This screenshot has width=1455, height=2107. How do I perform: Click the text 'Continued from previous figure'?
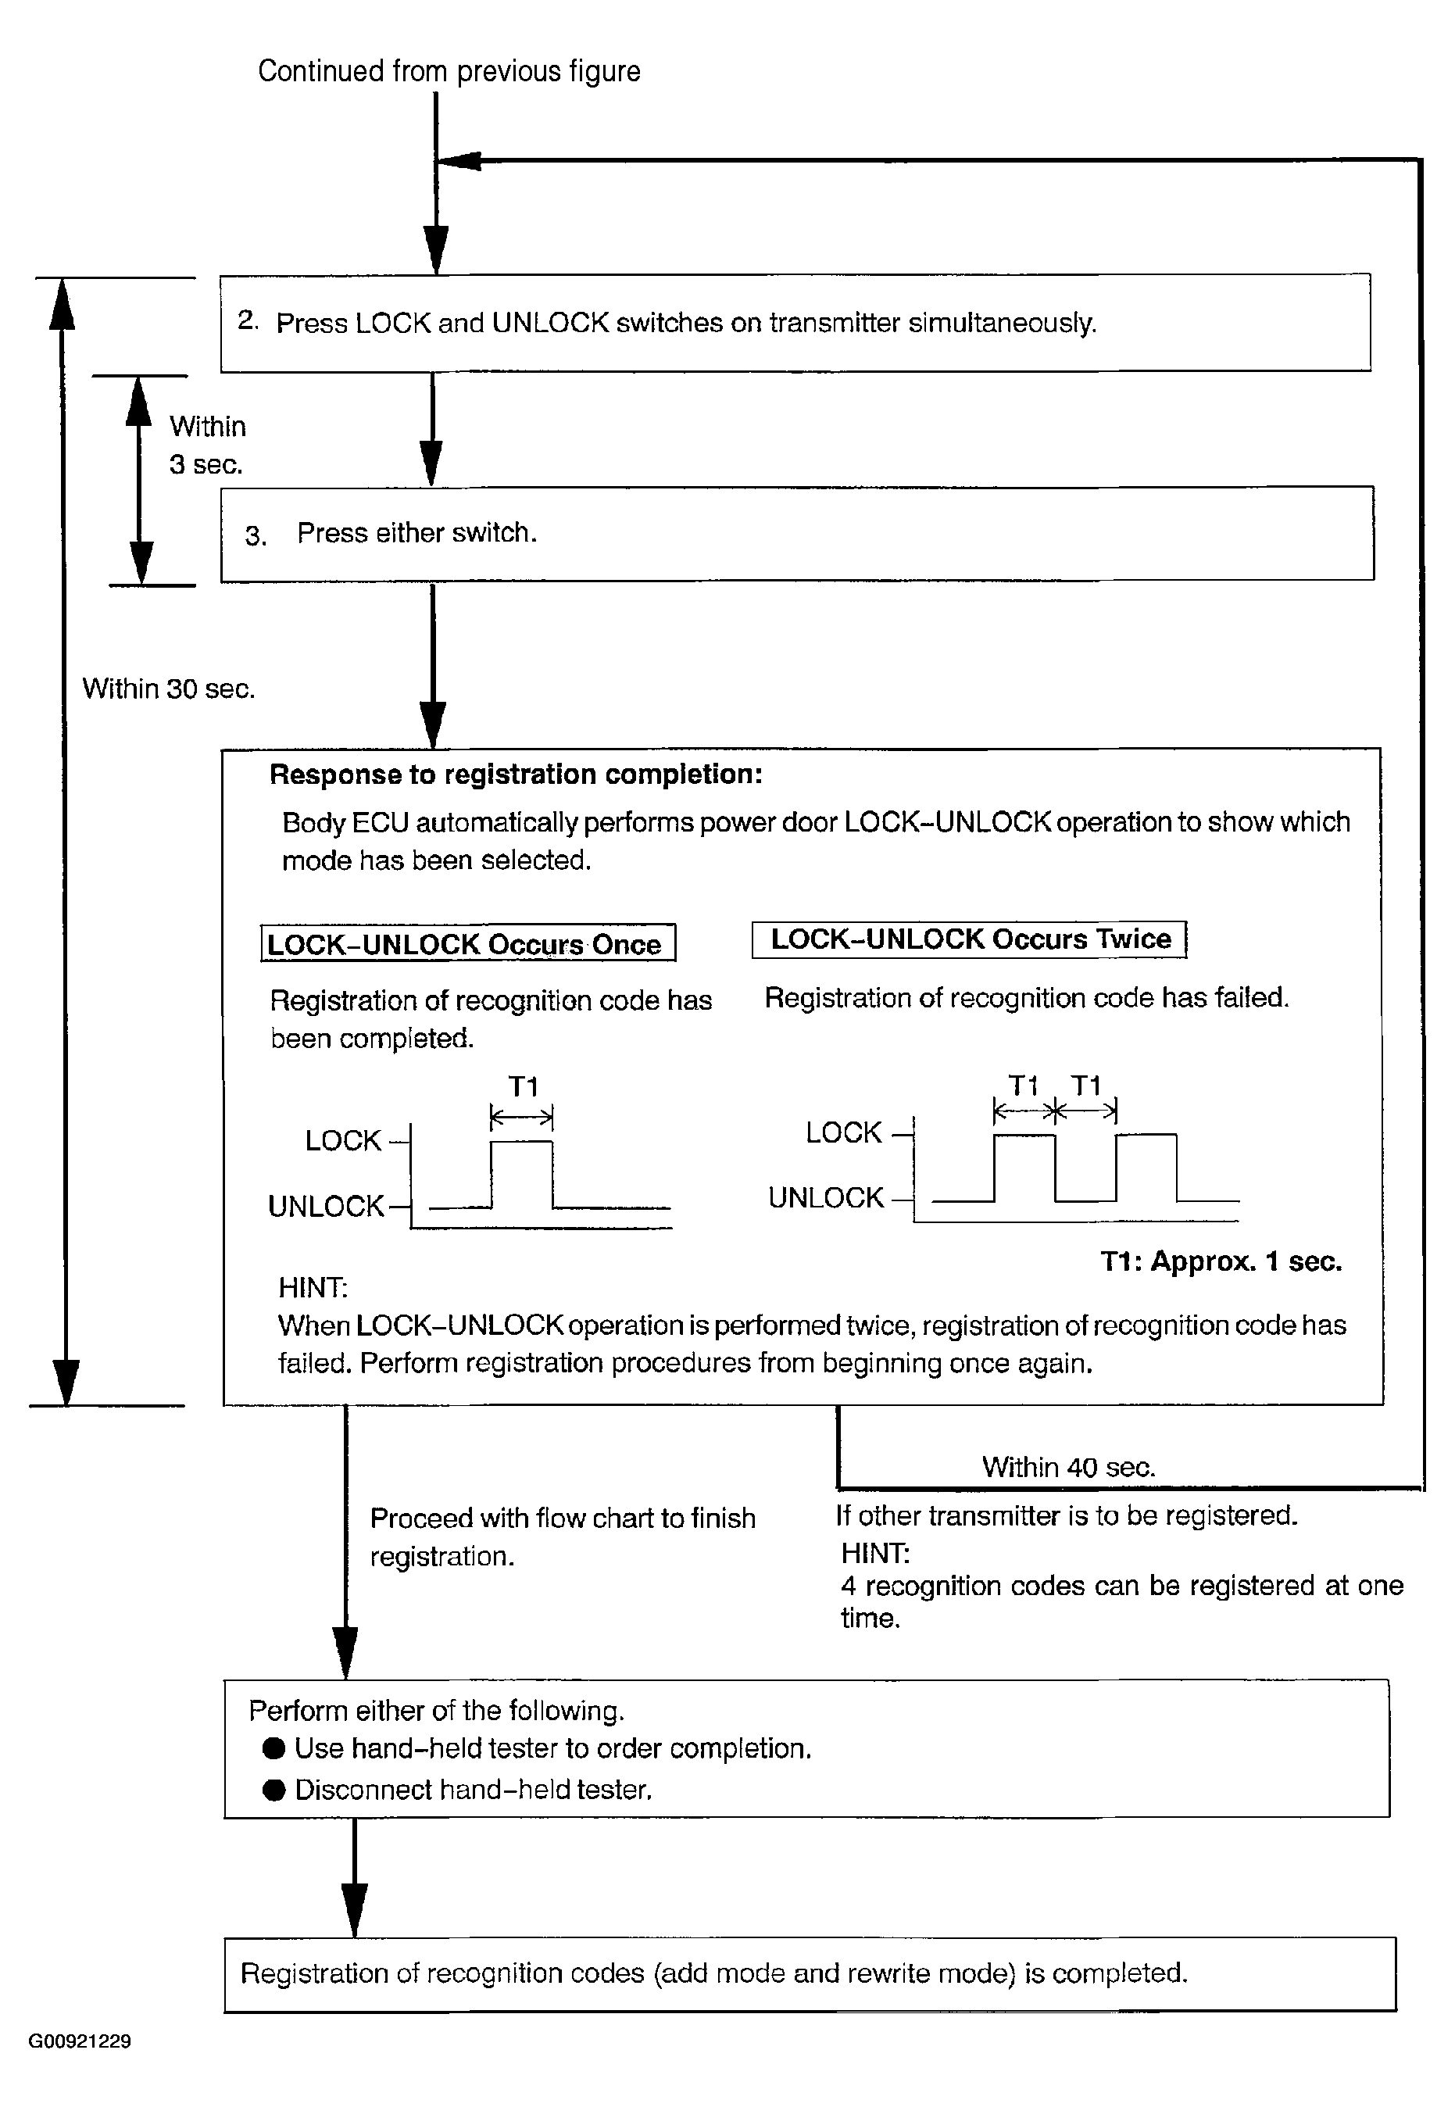449,71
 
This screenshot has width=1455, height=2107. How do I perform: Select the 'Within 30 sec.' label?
169,689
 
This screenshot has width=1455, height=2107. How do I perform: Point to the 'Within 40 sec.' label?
1067,1467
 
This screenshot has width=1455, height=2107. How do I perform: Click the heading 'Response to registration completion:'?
515,774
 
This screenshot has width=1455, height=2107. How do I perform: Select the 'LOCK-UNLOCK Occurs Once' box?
467,943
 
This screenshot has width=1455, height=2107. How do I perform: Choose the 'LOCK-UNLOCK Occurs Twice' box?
969,939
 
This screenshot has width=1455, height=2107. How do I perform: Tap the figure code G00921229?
80,2041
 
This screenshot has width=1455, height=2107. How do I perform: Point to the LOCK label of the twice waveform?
843,1132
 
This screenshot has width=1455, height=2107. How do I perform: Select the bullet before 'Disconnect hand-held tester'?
273,1790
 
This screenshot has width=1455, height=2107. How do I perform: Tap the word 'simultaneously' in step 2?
1001,323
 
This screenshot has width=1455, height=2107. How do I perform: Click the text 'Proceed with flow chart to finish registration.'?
563,1536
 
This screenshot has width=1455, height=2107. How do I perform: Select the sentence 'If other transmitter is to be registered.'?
1066,1515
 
